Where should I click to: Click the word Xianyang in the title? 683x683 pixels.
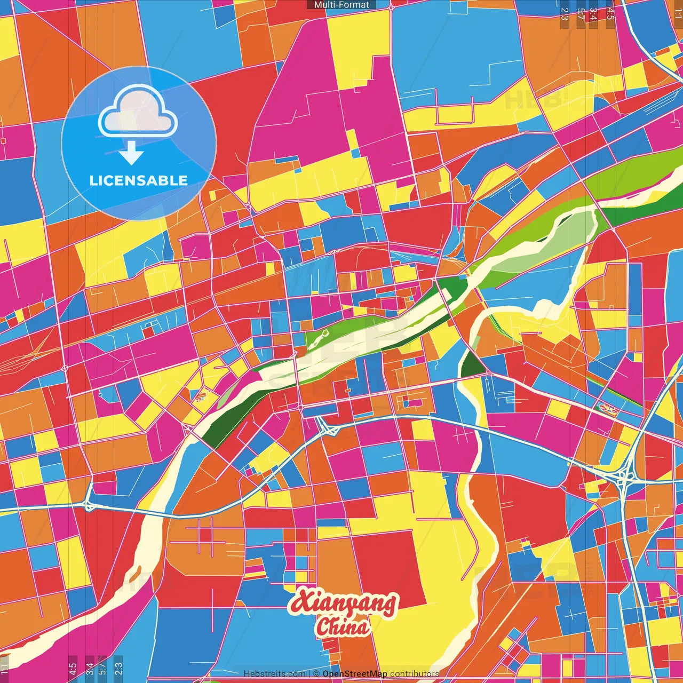pos(343,603)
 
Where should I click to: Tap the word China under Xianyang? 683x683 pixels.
pos(342,627)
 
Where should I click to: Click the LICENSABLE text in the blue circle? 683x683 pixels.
pos(139,180)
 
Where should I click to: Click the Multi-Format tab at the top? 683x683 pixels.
pos(341,5)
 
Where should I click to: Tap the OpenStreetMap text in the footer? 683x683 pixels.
pos(355,674)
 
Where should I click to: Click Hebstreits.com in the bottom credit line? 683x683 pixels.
pos(274,674)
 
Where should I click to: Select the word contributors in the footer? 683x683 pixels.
pos(415,674)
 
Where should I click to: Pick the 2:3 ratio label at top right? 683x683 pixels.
pos(565,14)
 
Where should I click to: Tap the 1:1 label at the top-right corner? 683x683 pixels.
pos(678,12)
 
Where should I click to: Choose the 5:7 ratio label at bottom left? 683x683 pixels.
pos(102,669)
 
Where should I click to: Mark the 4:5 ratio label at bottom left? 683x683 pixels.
pos(73,669)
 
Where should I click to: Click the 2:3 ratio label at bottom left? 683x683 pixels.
pos(118,669)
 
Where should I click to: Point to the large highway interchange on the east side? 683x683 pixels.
pos(623,476)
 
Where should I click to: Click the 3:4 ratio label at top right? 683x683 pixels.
pos(593,14)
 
